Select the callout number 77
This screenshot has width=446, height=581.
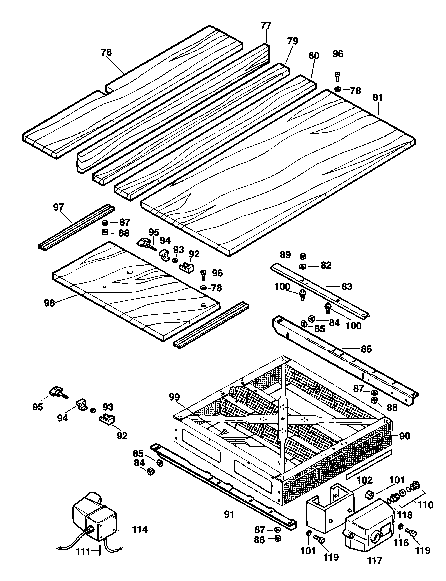[x=266, y=26]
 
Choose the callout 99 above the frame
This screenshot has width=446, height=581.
[x=174, y=397]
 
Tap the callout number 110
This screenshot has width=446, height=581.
[x=426, y=505]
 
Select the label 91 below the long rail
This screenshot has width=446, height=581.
[x=229, y=514]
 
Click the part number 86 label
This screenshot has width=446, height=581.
[x=366, y=349]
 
